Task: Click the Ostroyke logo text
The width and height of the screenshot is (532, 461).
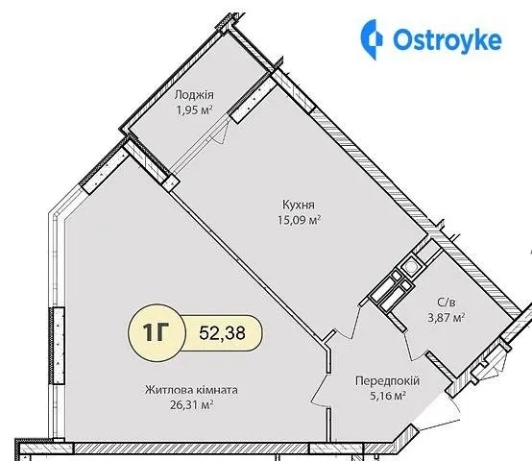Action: point(447,39)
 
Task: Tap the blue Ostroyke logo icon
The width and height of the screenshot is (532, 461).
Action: point(371,39)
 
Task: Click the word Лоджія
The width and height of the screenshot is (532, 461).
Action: point(194,95)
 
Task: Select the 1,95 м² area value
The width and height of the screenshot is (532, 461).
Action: point(194,109)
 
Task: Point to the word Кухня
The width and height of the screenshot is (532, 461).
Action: point(299,205)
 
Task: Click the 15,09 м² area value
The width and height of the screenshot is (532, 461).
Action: point(300,220)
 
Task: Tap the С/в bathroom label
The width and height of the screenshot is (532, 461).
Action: point(447,303)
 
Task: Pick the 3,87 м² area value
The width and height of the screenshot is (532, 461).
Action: point(446,318)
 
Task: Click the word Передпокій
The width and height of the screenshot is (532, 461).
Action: point(387,381)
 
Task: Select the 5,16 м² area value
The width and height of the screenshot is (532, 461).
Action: point(388,396)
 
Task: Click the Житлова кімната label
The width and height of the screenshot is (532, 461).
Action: point(191,390)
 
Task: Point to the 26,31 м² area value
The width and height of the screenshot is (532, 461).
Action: point(192,404)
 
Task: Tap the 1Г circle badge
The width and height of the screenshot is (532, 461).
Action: point(157,332)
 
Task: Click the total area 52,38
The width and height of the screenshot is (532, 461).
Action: point(222,332)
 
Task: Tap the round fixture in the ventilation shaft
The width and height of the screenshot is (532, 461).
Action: point(411,267)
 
